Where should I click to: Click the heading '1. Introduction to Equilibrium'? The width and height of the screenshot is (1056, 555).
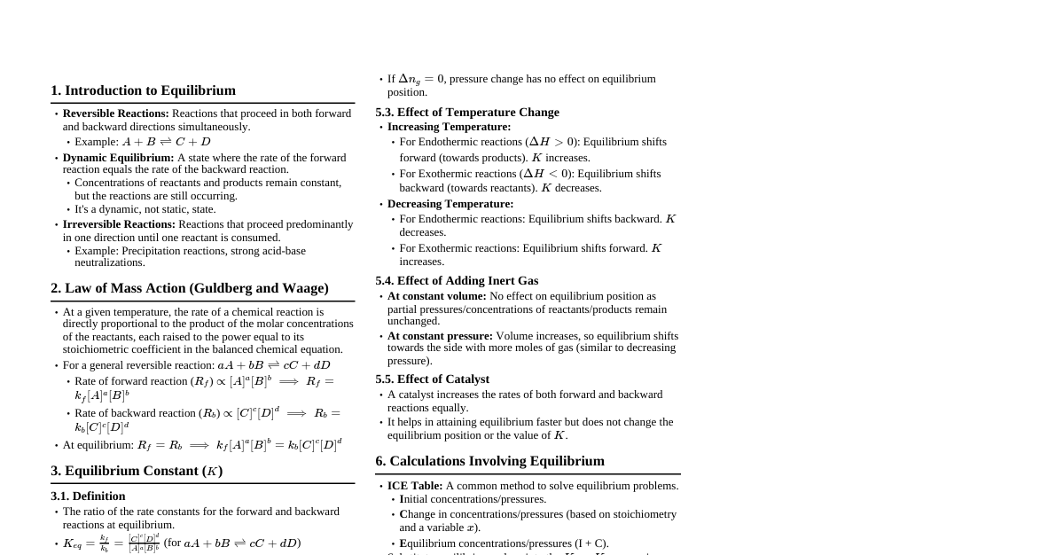(143, 90)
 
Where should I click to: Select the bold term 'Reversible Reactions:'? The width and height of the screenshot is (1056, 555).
(115, 113)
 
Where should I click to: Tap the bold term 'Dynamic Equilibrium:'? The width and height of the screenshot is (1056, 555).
(118, 158)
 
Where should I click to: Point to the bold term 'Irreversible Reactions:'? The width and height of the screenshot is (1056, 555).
(119, 224)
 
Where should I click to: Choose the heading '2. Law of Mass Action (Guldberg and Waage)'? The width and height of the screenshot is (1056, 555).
(190, 288)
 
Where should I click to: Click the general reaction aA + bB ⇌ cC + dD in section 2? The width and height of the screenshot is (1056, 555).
(274, 365)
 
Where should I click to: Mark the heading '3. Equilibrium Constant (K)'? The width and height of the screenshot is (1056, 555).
(137, 471)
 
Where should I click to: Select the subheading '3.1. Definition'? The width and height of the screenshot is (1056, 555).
(88, 496)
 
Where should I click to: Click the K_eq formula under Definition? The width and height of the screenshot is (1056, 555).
(111, 543)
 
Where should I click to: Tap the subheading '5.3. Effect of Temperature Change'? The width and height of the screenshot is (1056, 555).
(467, 113)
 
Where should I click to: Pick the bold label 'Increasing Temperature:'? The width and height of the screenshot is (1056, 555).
(449, 127)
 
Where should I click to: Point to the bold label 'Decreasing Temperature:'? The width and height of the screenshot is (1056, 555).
(450, 204)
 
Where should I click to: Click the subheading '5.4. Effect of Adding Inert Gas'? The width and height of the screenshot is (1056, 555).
(457, 281)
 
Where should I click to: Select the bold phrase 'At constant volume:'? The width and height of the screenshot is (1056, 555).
(436, 296)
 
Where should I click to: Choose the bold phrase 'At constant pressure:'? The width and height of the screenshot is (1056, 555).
(440, 336)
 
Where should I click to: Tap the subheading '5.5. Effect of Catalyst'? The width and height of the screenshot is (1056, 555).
(432, 379)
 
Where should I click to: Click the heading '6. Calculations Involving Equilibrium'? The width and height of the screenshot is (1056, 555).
(489, 461)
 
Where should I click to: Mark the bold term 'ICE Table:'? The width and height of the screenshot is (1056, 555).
(415, 486)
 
